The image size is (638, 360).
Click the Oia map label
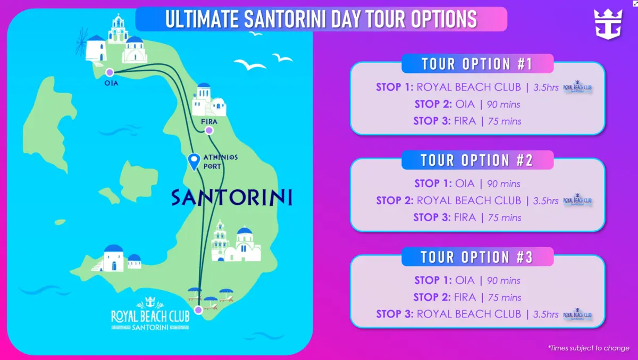coord(112,83)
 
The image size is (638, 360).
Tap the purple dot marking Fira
coord(209,130)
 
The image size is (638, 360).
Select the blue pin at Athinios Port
coord(195,160)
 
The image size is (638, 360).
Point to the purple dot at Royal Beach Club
coord(198,309)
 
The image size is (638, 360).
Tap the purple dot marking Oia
coord(109,72)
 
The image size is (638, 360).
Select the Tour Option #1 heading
coord(477,64)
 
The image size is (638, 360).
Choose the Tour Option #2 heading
coord(477,160)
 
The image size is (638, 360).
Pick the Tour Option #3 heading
coord(477,257)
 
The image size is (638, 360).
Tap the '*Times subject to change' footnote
coord(589,348)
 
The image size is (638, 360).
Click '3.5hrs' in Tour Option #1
coord(546,88)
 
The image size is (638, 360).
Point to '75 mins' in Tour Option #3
coord(505,297)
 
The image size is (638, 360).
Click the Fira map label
coord(209,122)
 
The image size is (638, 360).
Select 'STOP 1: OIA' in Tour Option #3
coord(444,280)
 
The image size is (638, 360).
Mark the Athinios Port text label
coord(220,162)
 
